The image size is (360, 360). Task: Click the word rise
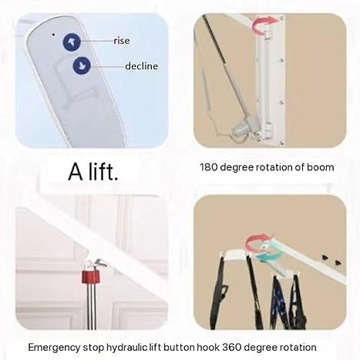point(122,40)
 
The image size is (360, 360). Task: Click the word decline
point(141,66)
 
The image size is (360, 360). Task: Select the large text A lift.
point(93,172)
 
